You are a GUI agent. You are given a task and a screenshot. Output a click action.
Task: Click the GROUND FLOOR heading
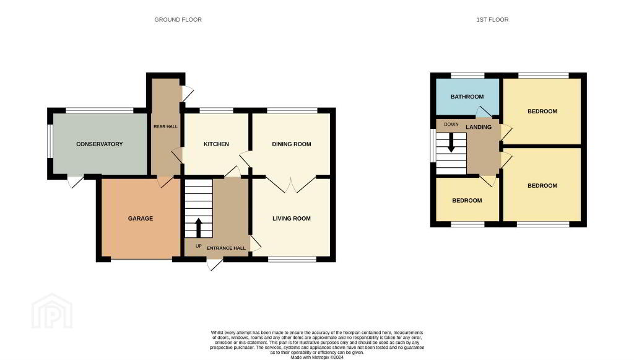[x=178, y=19]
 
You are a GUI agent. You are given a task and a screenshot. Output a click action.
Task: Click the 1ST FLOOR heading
[x=492, y=19]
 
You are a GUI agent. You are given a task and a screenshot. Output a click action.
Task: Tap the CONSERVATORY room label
[x=100, y=144]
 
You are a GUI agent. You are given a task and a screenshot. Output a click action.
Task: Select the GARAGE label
[x=141, y=219]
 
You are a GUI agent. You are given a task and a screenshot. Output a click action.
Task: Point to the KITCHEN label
[x=216, y=144]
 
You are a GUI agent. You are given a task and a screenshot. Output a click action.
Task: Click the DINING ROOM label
[x=292, y=144]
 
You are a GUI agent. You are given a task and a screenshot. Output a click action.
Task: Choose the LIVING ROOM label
[x=292, y=219]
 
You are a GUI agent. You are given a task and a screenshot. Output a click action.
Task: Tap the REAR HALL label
[x=165, y=126]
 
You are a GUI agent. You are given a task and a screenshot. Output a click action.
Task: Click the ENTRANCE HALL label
[x=226, y=248]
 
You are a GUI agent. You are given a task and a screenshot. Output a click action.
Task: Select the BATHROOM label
[x=467, y=97]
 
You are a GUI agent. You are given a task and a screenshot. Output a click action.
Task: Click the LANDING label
[x=479, y=127]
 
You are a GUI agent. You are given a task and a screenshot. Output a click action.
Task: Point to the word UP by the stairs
[x=199, y=246]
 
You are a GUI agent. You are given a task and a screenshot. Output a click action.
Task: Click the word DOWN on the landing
[x=451, y=124]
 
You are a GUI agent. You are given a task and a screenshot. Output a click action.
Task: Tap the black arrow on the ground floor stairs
[x=198, y=228]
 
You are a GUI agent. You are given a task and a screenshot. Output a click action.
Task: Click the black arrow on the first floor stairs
[x=451, y=144]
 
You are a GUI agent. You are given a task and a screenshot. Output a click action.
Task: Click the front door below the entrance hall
[x=214, y=264]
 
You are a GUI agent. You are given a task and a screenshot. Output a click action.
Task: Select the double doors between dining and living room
[x=291, y=185]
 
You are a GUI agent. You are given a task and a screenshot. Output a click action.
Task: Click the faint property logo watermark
[x=52, y=312]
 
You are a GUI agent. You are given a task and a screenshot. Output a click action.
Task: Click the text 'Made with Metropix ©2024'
[x=317, y=358]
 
